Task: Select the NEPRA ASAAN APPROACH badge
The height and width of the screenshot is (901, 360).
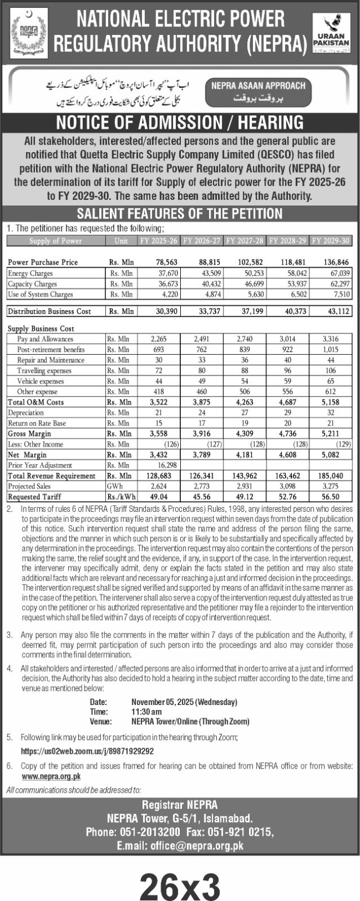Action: pos(259,91)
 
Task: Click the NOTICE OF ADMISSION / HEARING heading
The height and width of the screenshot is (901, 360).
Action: pos(180,122)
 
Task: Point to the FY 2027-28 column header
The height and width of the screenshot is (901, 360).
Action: pos(245,240)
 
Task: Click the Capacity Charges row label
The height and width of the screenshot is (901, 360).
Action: pos(32,284)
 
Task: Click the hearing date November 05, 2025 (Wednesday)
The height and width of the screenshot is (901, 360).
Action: pos(184,702)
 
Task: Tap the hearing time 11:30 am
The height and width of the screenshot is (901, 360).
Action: pos(146,712)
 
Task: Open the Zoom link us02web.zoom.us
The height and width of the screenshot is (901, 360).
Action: pos(87,751)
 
